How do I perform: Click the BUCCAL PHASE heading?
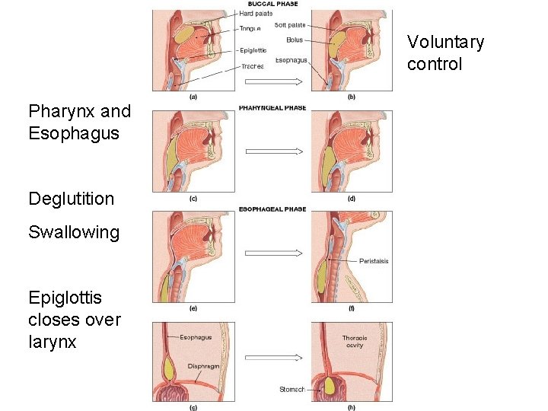(x=272, y=4)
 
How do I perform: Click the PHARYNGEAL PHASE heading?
(x=272, y=108)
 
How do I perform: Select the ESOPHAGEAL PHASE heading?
(x=272, y=209)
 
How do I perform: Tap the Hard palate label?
(x=256, y=14)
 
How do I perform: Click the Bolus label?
(x=295, y=40)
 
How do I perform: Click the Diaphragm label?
(x=203, y=365)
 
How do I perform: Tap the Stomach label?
(x=292, y=390)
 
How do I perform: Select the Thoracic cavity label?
(x=354, y=341)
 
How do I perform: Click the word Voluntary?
(x=445, y=42)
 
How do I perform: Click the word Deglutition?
(x=71, y=199)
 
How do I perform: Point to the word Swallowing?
(x=74, y=232)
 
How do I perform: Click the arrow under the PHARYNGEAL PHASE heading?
(x=273, y=151)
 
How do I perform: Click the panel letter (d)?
(x=352, y=199)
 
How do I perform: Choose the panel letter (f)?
(x=352, y=308)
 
